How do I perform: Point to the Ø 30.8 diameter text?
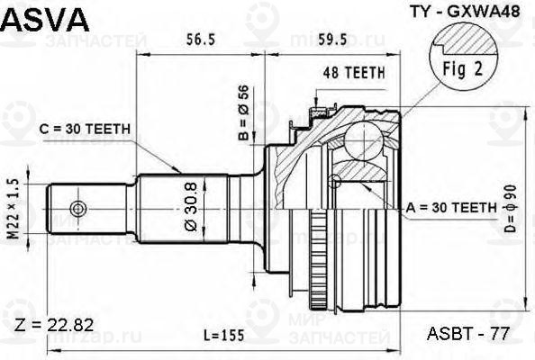(192, 207)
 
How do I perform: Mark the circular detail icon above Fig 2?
(463, 40)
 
